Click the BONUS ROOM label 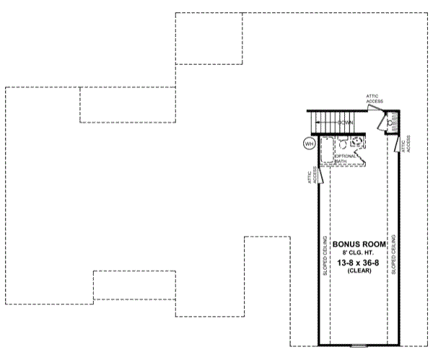(359, 243)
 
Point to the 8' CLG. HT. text (359, 252)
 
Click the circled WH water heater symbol (310, 144)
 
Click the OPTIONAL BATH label (346, 158)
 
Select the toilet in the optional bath (357, 141)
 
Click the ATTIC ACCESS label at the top (374, 98)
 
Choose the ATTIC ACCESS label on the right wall (408, 144)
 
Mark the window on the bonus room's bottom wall (359, 345)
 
